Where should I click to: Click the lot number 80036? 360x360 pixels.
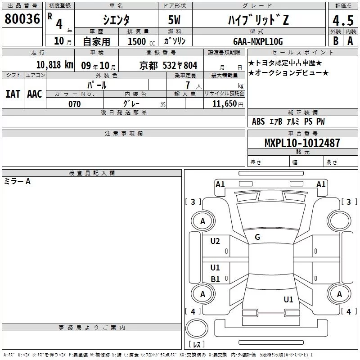coord(22,19)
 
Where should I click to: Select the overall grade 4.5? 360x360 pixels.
coord(343,20)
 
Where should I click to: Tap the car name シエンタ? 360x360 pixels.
coord(116,20)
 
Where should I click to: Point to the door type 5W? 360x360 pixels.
coord(175,20)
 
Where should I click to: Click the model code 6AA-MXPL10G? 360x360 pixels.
coord(258,41)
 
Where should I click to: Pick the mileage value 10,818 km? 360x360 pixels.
coord(55,65)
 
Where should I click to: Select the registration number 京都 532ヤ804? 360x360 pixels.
coord(168,66)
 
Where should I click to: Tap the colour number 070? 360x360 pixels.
coord(75,104)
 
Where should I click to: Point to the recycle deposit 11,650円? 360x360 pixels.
coord(228,104)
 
